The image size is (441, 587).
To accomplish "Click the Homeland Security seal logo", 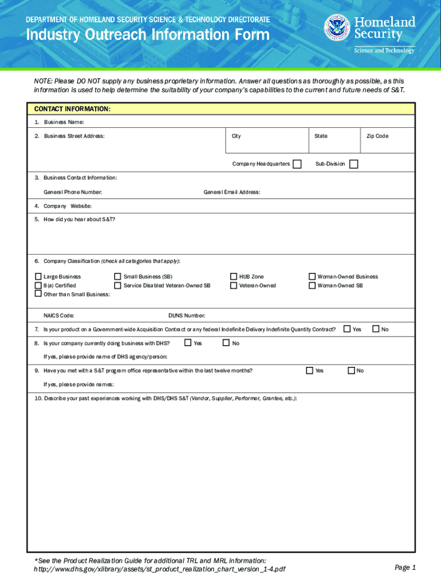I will click(337, 28).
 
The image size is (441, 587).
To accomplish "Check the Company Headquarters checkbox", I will click(297, 165).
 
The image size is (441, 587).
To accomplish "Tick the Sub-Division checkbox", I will click(353, 165).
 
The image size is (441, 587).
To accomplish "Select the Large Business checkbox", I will click(38, 276).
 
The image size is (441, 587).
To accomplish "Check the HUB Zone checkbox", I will click(234, 276).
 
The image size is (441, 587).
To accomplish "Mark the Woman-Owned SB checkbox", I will click(312, 285).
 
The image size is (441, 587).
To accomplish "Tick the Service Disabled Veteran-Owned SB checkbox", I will click(118, 285).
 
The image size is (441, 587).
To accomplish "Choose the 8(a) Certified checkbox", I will click(38, 285).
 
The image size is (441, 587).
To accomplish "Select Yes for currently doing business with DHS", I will click(188, 343).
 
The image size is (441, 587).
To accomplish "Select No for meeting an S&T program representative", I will click(351, 370).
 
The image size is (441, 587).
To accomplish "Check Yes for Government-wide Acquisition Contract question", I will click(347, 329).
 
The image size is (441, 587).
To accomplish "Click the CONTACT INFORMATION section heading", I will click(72, 109).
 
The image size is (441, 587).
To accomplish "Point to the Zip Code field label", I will click(377, 136).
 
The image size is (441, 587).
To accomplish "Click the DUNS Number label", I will click(187, 316).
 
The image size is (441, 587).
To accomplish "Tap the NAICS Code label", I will click(58, 316).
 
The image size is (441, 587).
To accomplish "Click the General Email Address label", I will click(232, 192).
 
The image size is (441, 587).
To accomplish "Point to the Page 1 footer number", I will click(405, 568).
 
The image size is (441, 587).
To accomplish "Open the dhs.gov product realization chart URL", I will click(160, 569).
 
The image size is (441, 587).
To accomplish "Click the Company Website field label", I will click(67, 206).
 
